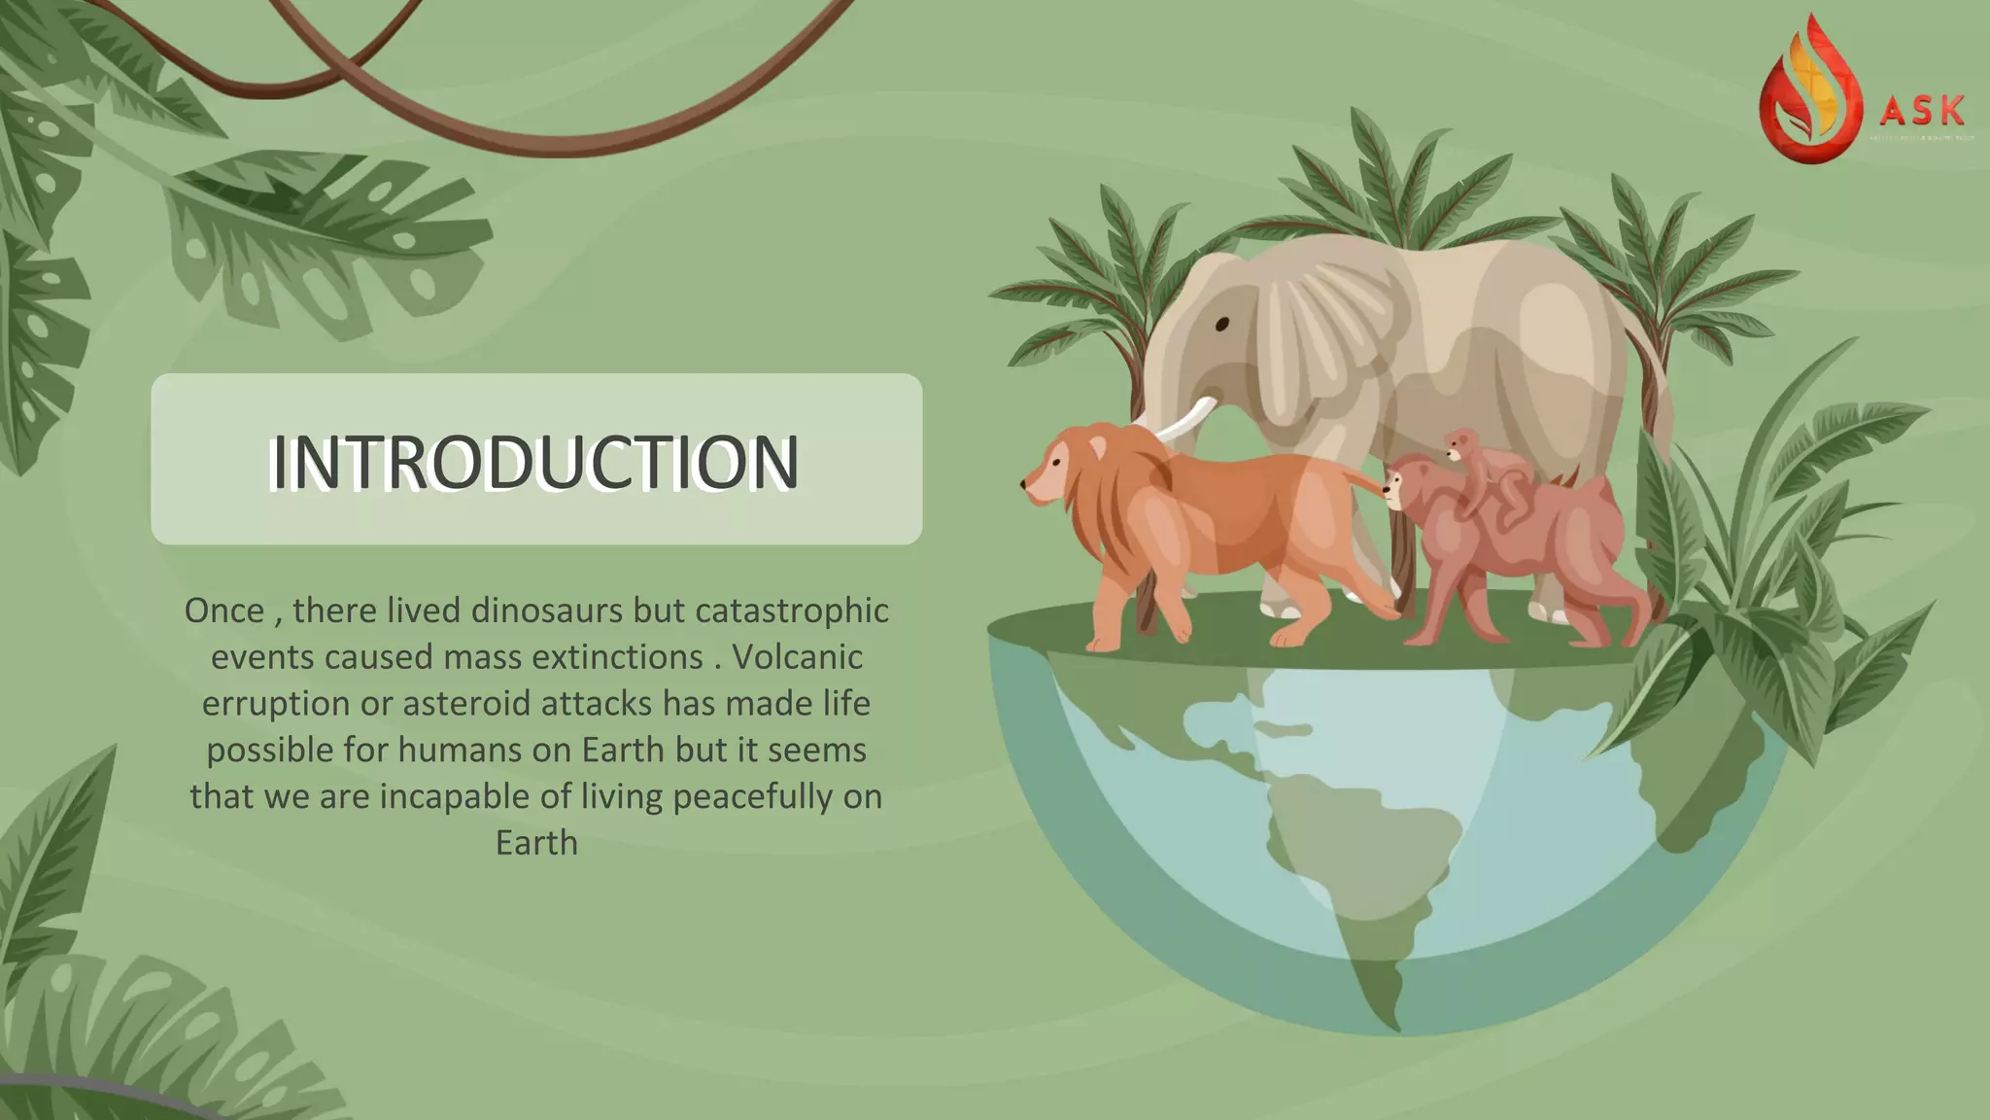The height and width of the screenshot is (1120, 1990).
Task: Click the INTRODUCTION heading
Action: coord(535,462)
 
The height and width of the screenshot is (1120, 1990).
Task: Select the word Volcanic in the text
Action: coord(797,657)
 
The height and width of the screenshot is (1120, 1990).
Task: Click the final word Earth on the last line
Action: coord(536,842)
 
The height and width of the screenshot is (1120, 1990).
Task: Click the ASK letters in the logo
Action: coord(1921,112)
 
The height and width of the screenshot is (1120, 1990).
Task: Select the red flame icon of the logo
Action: coord(1809,97)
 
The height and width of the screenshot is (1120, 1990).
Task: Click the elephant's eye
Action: coord(1221,324)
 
